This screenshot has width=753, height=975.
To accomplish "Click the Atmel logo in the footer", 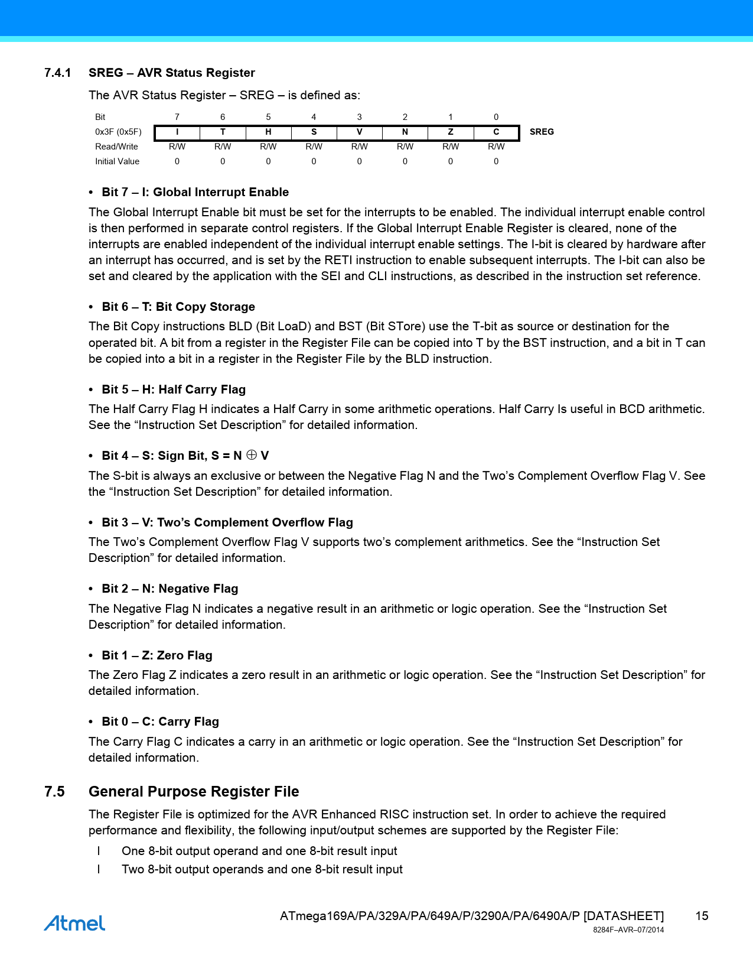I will (74, 923).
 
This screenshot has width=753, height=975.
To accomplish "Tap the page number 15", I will (702, 916).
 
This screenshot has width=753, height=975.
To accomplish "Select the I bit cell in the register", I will (177, 132).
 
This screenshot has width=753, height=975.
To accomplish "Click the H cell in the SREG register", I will (268, 132).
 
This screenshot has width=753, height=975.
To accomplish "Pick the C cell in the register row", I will (496, 132).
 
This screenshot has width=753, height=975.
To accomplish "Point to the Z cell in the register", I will (451, 132).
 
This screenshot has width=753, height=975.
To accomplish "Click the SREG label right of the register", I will (542, 132).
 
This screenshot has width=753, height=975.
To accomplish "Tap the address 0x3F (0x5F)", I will (118, 132).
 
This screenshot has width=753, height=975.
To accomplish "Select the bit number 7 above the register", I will (177, 117).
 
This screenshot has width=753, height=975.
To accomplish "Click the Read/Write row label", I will (116, 147).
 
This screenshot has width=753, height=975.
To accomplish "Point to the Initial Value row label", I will (117, 161).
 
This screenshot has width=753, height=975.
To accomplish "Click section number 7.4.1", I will (58, 73).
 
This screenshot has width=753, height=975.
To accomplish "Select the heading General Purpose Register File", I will (194, 792).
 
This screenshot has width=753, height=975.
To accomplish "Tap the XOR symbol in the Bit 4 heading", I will (252, 455).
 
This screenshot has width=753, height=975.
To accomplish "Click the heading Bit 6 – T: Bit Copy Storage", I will (178, 307).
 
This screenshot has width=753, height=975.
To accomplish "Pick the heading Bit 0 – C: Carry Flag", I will (160, 721).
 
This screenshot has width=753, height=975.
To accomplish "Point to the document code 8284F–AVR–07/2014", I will (628, 930).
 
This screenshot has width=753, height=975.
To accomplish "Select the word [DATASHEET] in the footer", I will (624, 916).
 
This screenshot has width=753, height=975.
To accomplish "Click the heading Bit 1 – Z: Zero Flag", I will (157, 655).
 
